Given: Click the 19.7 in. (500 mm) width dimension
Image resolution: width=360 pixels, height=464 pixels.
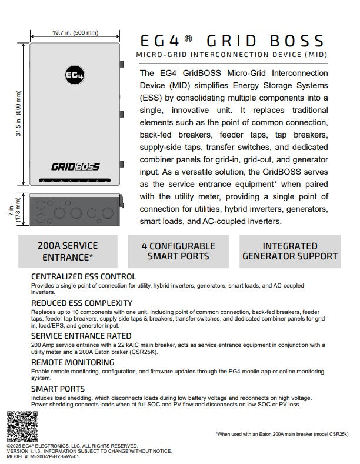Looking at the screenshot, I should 74,33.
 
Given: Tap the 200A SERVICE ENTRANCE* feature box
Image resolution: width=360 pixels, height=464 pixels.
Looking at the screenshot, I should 67,251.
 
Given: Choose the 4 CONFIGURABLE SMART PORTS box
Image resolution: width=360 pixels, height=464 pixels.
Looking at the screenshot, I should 179,251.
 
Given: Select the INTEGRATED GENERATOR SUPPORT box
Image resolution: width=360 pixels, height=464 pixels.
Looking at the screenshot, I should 290,251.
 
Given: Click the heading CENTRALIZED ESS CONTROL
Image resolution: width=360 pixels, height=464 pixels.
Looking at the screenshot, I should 83,276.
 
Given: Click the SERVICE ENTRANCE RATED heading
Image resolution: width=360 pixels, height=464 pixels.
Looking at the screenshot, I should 81,336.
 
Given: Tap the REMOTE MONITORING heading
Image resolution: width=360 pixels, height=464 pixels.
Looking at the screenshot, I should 72,362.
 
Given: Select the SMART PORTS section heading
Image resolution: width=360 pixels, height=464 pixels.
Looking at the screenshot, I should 58,389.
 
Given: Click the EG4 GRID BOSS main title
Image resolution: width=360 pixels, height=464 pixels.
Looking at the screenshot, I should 232,41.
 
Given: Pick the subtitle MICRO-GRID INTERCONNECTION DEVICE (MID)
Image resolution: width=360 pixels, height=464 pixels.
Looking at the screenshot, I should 232,55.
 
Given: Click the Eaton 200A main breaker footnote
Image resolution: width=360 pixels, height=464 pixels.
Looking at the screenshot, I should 282,433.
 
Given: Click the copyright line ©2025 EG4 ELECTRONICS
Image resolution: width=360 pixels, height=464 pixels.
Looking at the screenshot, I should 72,446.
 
